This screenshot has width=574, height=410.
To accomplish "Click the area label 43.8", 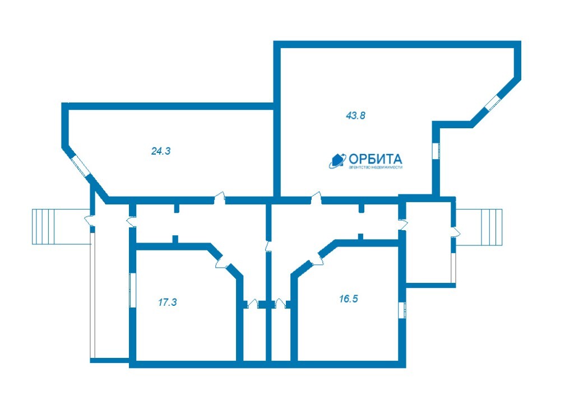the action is pyautogui.click(x=355, y=115).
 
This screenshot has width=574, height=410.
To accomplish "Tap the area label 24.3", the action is pyautogui.click(x=161, y=151).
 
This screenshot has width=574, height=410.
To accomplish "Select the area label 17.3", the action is pyautogui.click(x=167, y=302).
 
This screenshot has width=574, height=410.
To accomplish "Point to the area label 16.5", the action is pyautogui.click(x=348, y=299).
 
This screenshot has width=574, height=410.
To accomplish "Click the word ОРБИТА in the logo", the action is pyautogui.click(x=375, y=159).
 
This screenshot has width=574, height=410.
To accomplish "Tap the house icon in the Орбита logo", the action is pyautogui.click(x=337, y=161).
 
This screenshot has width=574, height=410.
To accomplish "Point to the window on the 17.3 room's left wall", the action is pyautogui.click(x=132, y=291).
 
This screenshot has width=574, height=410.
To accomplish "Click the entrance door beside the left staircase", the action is pyautogui.click(x=90, y=221).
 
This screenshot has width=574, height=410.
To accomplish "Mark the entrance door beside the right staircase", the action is pyautogui.click(x=455, y=231).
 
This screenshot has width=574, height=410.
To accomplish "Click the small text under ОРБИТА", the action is pyautogui.click(x=375, y=167).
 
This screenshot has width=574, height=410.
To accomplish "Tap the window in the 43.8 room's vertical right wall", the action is pyautogui.click(x=436, y=150).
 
